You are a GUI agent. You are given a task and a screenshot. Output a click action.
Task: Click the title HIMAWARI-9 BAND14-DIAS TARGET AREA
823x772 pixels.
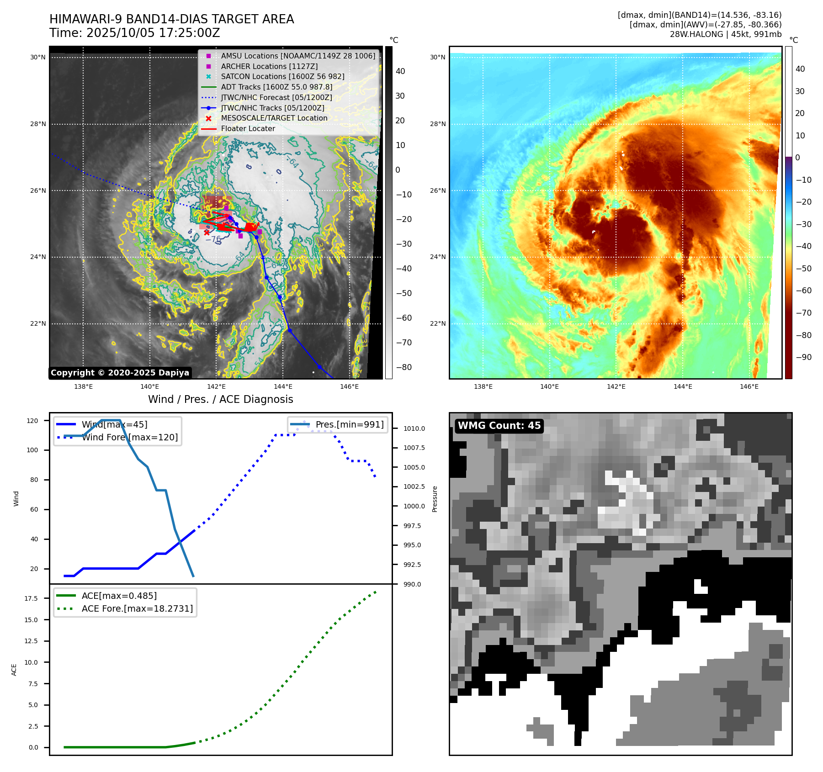pyautogui.click(x=171, y=19)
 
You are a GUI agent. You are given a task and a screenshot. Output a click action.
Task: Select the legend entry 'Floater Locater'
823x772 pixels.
pyautogui.click(x=248, y=129)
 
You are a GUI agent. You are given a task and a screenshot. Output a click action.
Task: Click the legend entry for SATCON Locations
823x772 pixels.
pyautogui.click(x=282, y=77)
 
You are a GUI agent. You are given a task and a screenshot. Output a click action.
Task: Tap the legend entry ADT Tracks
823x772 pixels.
pyautogui.click(x=276, y=87)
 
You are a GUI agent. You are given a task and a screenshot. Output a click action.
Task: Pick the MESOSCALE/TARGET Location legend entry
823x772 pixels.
pyautogui.click(x=274, y=118)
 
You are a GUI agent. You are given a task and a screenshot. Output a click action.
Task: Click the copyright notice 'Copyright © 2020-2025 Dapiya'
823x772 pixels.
pyautogui.click(x=120, y=373)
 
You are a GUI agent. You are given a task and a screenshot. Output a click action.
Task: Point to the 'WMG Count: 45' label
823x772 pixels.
pyautogui.click(x=499, y=426)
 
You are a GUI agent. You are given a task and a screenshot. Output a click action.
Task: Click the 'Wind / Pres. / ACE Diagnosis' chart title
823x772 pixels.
pyautogui.click(x=220, y=399)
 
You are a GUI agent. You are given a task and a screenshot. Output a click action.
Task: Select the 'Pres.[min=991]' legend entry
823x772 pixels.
pyautogui.click(x=350, y=425)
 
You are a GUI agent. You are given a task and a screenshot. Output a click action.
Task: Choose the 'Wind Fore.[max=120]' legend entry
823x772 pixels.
pyautogui.click(x=130, y=438)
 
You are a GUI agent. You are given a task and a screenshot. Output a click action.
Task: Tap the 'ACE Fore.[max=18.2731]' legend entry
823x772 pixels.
pyautogui.click(x=137, y=609)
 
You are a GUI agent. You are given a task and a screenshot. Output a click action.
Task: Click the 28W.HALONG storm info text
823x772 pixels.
pyautogui.click(x=726, y=34)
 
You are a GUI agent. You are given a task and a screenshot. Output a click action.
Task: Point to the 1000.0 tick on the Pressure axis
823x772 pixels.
pyautogui.click(x=414, y=506)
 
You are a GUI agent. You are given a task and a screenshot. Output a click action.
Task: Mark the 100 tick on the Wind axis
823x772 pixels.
pyautogui.click(x=32, y=450)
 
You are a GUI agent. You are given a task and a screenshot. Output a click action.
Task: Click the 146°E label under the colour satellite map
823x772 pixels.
pyautogui.click(x=749, y=387)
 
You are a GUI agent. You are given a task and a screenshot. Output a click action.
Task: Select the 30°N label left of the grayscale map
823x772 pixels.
pyautogui.click(x=38, y=58)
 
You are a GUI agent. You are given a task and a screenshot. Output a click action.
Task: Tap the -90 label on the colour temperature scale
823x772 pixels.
pyautogui.click(x=803, y=357)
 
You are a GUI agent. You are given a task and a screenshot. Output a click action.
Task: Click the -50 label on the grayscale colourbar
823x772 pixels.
pyautogui.click(x=404, y=293)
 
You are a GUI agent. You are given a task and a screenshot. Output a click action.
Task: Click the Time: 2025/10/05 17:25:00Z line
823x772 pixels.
pyautogui.click(x=135, y=33)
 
